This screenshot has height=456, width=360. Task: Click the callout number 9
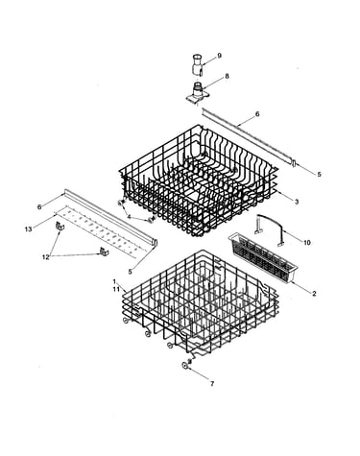click(219, 56)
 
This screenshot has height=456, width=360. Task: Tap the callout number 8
click(227, 76)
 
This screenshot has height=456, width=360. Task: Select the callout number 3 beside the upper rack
click(297, 202)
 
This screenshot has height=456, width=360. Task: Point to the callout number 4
click(129, 217)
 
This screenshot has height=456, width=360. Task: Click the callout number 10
click(307, 243)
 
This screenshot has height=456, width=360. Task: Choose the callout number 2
click(314, 293)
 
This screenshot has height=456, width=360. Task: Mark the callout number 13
click(29, 229)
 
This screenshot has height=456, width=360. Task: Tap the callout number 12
click(46, 256)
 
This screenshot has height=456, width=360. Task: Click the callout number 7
click(212, 384)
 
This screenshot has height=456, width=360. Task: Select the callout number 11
click(116, 289)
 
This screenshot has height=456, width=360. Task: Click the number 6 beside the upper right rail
click(257, 114)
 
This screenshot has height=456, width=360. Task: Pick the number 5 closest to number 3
click(319, 175)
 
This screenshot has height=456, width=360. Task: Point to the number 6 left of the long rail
click(39, 207)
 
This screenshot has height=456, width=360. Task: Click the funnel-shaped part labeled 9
click(198, 65)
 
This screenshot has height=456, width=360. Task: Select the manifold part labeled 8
click(199, 94)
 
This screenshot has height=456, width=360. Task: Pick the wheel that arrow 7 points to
click(184, 366)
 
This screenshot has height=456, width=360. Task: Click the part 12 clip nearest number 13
click(60, 227)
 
